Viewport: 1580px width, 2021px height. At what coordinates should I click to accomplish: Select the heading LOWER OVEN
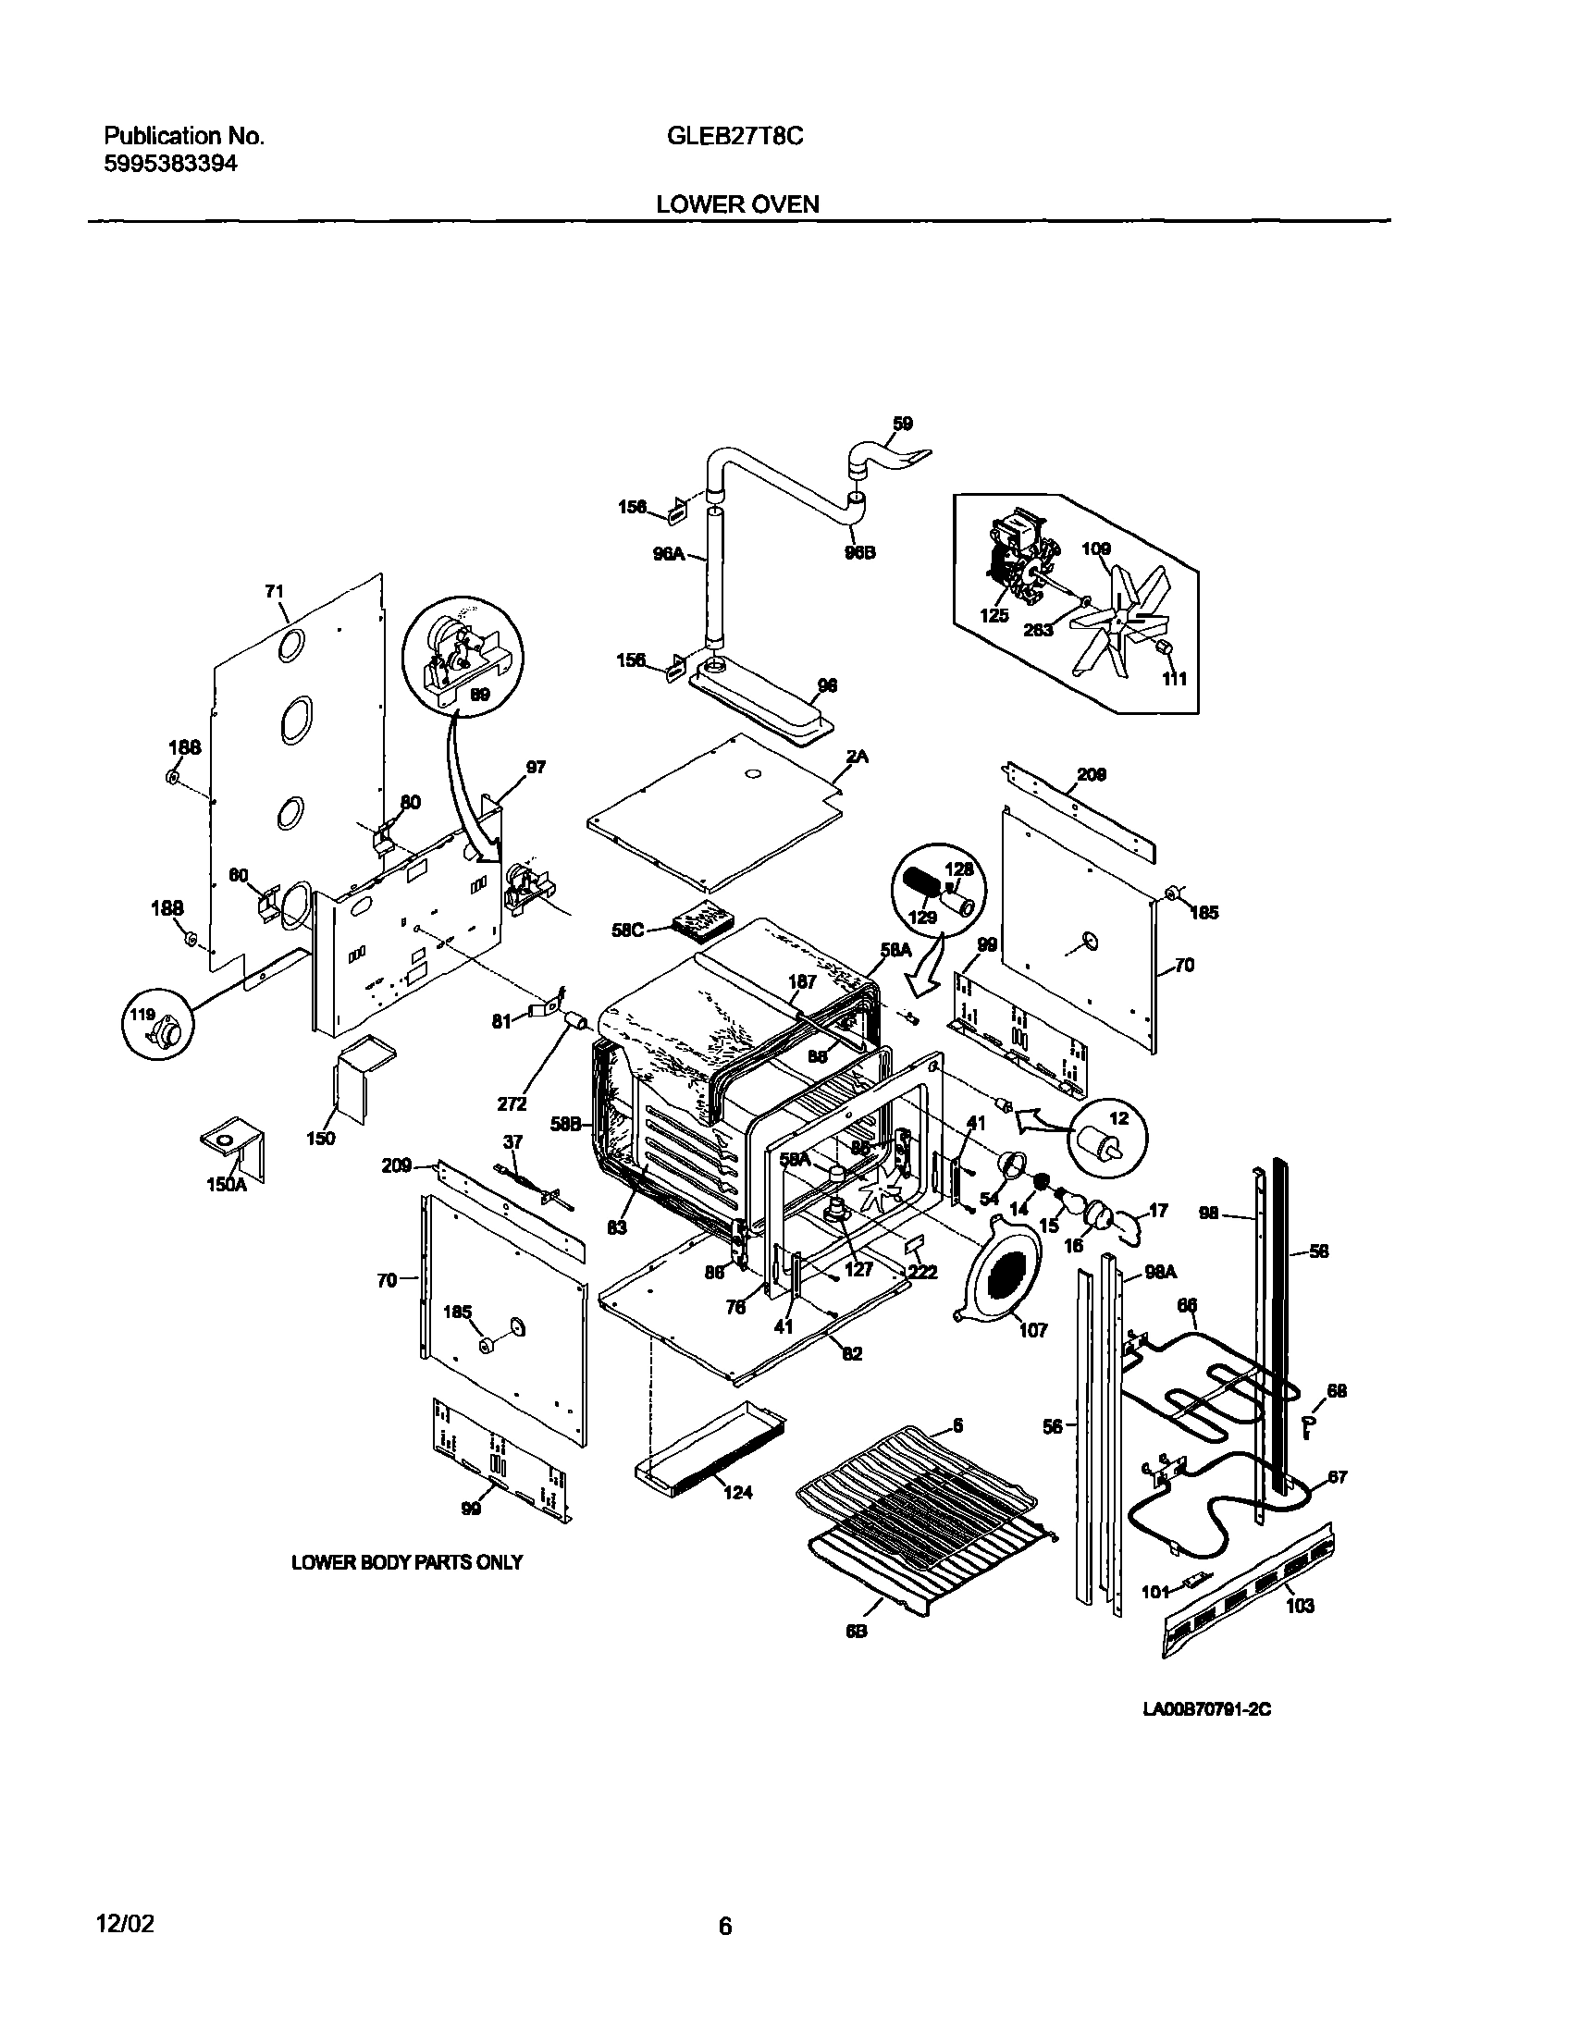(736, 204)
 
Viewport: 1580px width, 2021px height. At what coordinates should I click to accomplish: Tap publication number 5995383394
(170, 165)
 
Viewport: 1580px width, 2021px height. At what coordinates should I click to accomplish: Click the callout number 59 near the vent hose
(903, 423)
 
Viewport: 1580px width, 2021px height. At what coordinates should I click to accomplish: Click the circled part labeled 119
(157, 1029)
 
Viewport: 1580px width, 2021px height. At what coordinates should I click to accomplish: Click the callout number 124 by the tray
(738, 1491)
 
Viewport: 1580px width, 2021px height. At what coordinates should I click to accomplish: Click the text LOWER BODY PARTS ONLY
(406, 1562)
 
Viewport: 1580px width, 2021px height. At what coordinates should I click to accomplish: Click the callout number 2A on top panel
(858, 756)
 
